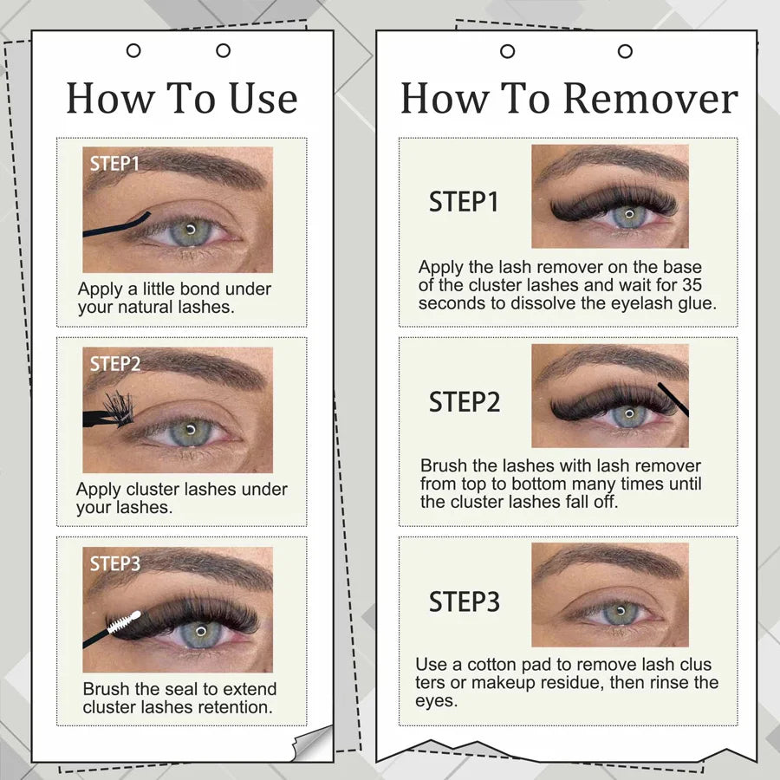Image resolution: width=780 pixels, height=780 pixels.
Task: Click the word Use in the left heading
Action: (263, 99)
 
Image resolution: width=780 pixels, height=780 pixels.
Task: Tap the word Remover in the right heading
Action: (651, 99)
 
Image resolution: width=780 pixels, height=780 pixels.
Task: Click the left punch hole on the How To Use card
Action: (133, 50)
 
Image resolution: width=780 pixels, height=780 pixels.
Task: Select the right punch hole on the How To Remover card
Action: (625, 51)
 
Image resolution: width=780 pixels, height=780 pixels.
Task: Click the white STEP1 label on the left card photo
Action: (114, 163)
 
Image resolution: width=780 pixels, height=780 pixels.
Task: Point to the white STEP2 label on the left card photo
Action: (115, 364)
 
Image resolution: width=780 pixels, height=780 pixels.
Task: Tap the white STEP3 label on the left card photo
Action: (115, 563)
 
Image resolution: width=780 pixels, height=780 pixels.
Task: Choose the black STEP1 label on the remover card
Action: (464, 202)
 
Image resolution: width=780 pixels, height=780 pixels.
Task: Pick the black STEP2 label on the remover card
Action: (465, 402)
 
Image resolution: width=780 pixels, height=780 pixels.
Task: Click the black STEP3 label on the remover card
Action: (465, 601)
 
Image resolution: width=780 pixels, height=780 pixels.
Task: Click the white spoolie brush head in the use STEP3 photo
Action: (124, 621)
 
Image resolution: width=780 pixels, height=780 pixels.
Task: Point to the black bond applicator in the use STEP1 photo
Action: (116, 227)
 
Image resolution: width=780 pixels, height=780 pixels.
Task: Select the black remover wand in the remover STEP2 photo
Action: (673, 399)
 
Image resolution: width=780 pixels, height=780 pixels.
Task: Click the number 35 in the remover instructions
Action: (692, 285)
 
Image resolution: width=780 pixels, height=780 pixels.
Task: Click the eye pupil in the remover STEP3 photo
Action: (620, 610)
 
